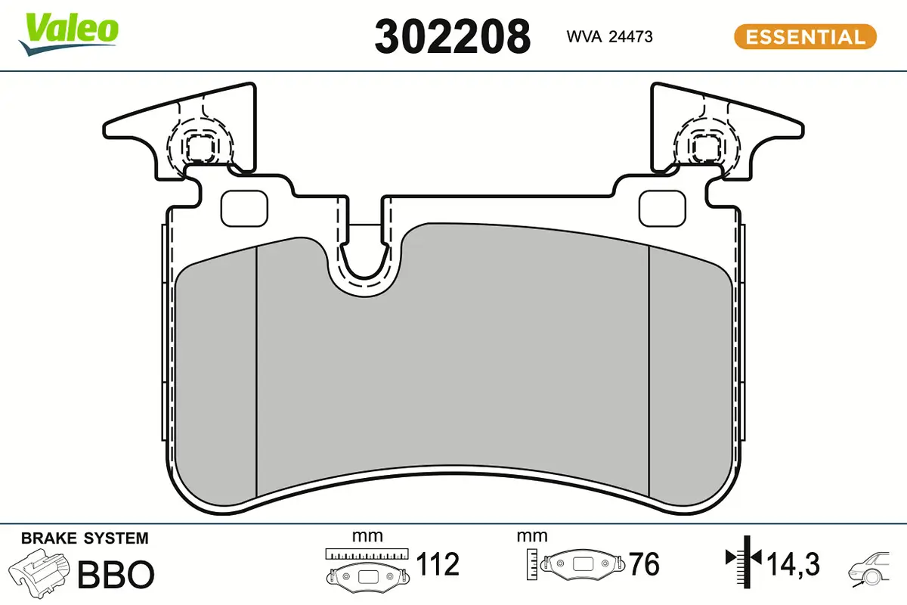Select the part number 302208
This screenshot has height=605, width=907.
(x=452, y=36)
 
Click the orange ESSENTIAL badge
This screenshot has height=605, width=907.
(x=805, y=36)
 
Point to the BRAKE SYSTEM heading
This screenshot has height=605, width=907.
(x=85, y=538)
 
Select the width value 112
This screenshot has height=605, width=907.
(x=438, y=564)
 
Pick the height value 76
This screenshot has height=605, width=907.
(x=644, y=564)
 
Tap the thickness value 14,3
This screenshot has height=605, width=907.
(x=793, y=564)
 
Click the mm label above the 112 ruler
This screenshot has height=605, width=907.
(x=367, y=536)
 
